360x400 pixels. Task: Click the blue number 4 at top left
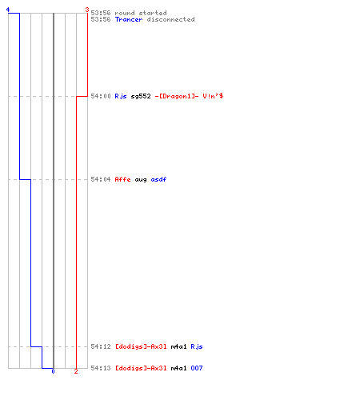(8, 10)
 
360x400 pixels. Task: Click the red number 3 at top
(87, 10)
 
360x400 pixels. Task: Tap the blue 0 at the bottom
(53, 371)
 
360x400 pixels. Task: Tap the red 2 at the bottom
(76, 371)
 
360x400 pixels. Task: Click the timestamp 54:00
(101, 96)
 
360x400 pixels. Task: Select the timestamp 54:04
(101, 179)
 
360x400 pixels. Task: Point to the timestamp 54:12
(101, 346)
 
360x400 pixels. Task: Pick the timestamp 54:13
(101, 368)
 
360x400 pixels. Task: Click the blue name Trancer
(129, 19)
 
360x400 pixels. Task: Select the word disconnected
(170, 19)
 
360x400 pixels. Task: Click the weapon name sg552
(141, 96)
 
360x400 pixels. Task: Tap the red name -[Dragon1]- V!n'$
(189, 96)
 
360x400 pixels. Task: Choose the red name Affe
(122, 179)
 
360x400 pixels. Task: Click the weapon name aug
(141, 180)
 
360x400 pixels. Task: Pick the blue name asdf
(158, 179)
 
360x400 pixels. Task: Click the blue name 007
(197, 368)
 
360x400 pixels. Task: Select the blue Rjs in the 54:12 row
(197, 346)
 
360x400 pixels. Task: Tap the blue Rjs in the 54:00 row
(121, 96)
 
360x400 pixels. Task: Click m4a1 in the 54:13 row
(178, 368)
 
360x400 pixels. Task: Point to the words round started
(141, 13)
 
